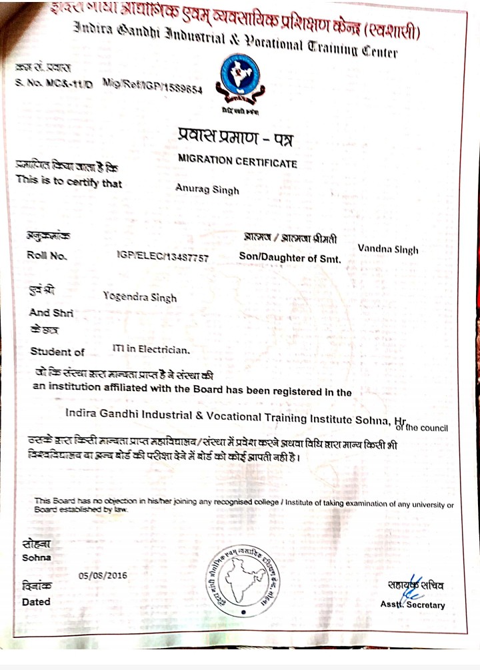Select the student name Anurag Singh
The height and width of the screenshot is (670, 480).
click(x=207, y=189)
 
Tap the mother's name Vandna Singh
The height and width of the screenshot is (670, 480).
click(x=388, y=249)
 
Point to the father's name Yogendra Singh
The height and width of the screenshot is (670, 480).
click(x=141, y=296)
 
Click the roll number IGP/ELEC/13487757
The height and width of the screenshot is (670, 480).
click(x=162, y=256)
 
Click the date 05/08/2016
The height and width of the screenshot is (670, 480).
click(x=103, y=575)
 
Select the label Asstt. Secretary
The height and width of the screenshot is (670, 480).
click(x=412, y=605)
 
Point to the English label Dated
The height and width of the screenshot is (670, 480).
click(x=36, y=601)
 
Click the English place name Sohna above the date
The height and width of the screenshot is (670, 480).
click(x=36, y=557)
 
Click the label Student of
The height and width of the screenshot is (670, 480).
click(x=57, y=352)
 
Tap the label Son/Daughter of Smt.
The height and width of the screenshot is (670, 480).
click(x=289, y=257)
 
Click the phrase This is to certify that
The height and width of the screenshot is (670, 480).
click(x=69, y=180)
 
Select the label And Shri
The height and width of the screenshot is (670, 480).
click(x=51, y=312)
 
